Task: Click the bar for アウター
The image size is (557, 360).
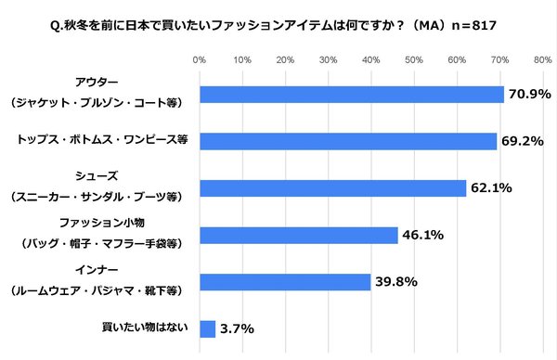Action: pos(352,95)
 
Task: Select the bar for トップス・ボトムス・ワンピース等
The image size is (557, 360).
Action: pos(348,141)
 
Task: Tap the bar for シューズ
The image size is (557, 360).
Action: pos(332,188)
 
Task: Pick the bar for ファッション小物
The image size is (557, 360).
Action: pos(298,235)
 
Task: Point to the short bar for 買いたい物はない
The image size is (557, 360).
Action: pos(207,328)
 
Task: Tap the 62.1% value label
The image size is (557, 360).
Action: pos(492,188)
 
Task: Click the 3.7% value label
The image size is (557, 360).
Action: pos(238,328)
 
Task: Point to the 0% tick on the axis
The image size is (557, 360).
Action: pos(199,60)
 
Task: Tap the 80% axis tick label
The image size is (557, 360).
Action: pos(543,60)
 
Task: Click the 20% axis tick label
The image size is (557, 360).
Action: pos(285,60)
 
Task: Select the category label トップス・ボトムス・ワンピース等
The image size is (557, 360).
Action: pos(102,141)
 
